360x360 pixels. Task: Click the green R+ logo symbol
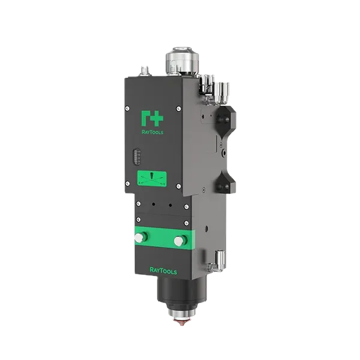pos(152,118)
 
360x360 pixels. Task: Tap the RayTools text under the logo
pos(152,132)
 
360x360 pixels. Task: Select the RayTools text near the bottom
pos(163,271)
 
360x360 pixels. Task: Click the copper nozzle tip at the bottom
pos(181,323)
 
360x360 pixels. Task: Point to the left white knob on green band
pos(140,238)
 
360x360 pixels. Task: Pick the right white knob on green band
pos(179,241)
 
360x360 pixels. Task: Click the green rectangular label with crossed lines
pos(152,179)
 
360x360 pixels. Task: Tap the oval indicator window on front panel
pos(137,157)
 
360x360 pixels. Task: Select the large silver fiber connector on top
pos(181,60)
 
